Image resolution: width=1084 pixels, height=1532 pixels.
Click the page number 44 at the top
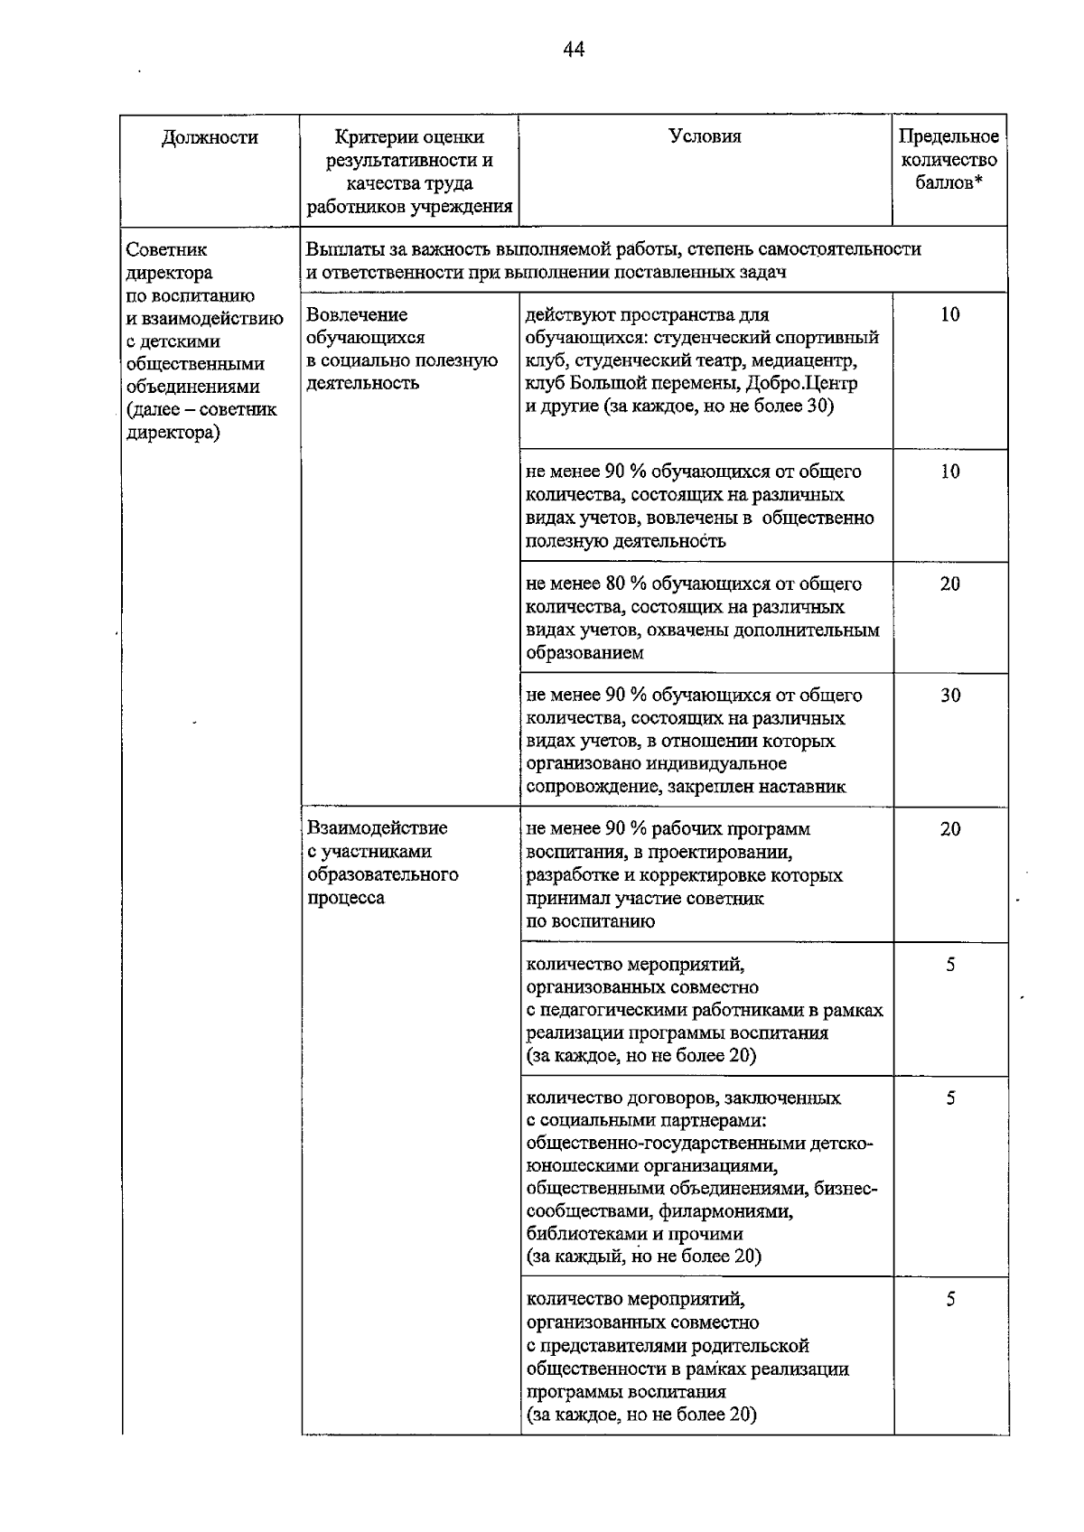coord(574,50)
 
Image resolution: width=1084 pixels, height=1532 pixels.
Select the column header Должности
coord(210,137)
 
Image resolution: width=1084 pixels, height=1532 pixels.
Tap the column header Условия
coord(705,136)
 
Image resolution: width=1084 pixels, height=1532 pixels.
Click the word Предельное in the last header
coord(948,136)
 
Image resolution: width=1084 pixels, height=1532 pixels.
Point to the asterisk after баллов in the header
coord(978,182)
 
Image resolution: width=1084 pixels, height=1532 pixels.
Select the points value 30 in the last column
coord(950,696)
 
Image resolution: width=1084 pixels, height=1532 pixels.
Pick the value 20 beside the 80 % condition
coord(950,584)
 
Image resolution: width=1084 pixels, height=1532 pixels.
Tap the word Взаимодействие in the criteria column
coord(377,828)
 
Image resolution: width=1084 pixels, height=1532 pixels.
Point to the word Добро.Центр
coord(802,383)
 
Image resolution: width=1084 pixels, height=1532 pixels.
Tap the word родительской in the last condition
coord(752,1346)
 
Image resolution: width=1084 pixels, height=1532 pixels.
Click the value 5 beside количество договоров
coord(950,1098)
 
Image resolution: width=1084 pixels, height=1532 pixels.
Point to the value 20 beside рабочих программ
coord(950,829)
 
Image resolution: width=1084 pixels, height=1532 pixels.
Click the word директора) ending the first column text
coord(173,432)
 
